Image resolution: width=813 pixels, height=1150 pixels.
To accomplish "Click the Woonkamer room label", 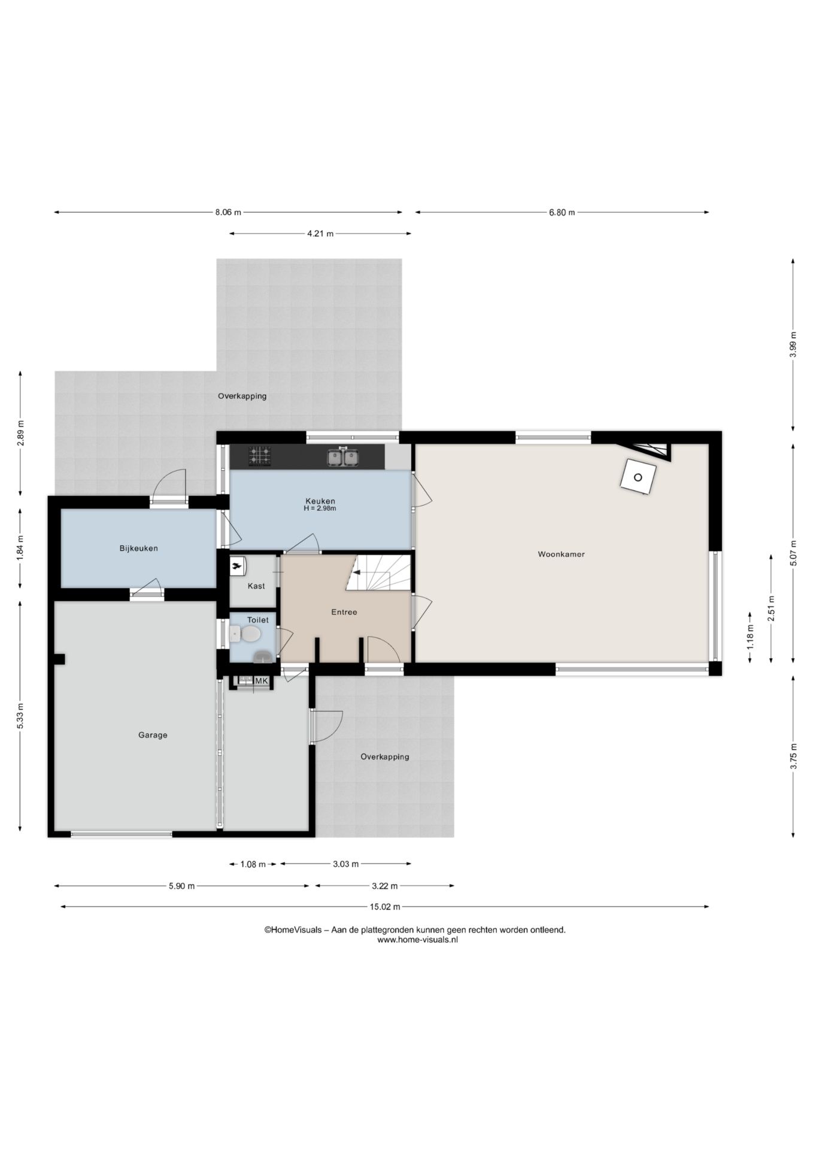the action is click(561, 554).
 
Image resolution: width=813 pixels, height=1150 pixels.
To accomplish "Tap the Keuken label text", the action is click(320, 501).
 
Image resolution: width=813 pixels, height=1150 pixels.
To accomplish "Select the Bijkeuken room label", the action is click(138, 548).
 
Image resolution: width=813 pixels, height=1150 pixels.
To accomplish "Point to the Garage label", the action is click(153, 735).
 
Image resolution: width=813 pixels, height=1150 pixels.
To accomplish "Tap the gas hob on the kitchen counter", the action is click(260, 456).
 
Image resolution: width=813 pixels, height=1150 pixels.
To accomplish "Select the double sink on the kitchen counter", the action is click(343, 457).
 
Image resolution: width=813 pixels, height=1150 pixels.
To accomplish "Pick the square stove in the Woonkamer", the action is click(638, 477).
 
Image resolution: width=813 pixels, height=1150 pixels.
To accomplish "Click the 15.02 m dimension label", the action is click(384, 907).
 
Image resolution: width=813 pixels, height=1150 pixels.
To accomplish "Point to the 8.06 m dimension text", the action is click(228, 212).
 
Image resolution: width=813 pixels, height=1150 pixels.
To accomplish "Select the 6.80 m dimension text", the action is click(562, 212).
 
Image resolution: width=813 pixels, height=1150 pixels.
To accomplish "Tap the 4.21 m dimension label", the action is click(320, 234).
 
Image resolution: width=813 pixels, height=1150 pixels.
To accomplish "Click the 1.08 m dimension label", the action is click(253, 864).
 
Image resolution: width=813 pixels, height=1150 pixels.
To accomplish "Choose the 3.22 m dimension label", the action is click(384, 886).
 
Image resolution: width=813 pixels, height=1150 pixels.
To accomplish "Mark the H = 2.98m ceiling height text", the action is click(320, 509).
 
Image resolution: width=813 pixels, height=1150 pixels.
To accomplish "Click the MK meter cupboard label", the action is click(262, 681).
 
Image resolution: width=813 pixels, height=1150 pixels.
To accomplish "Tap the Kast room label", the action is click(256, 586).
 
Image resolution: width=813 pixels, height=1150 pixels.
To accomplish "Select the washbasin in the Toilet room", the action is click(262, 656).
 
